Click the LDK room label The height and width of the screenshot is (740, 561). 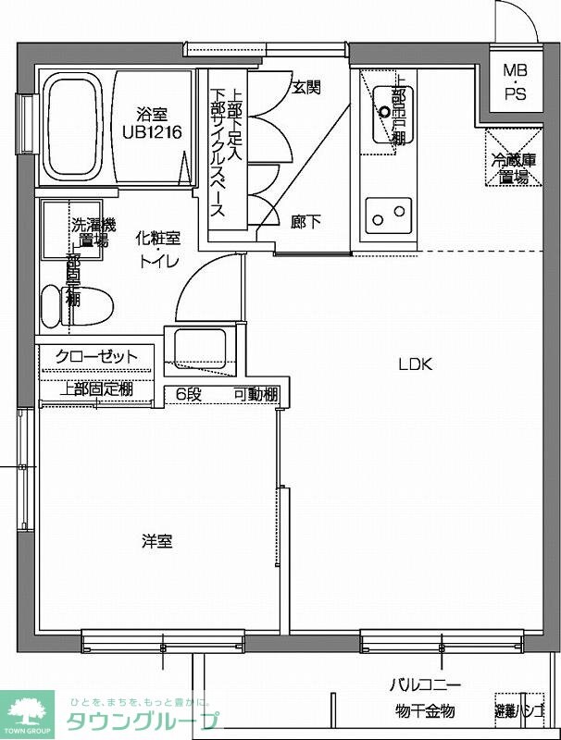pos(416,364)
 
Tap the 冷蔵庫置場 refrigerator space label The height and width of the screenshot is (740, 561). pos(509,167)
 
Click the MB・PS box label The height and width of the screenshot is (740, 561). pos(514,80)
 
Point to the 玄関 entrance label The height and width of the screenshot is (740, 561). pos(306,88)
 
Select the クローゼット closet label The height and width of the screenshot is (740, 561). pos(96,356)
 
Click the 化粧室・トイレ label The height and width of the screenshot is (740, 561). pos(159,248)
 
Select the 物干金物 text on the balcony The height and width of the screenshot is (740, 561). pos(425,710)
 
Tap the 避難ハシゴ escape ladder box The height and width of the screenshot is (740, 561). pos(518,710)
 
